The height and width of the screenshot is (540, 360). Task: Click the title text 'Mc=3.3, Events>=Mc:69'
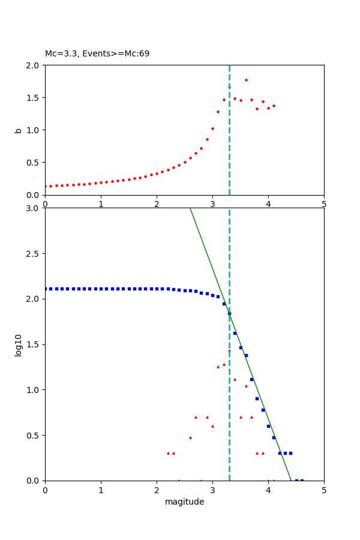(x=97, y=54)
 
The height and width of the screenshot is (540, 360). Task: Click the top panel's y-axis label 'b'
(x=19, y=130)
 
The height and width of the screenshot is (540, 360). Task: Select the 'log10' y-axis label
(x=19, y=345)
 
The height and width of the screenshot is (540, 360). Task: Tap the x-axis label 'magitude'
(x=184, y=502)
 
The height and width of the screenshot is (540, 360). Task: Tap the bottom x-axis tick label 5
(x=324, y=490)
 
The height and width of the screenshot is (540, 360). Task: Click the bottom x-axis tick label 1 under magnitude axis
(x=101, y=490)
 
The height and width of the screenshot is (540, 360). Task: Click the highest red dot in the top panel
(x=246, y=80)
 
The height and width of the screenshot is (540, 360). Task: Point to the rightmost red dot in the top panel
(x=274, y=106)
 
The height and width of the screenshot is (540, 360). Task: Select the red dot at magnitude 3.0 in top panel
(x=212, y=128)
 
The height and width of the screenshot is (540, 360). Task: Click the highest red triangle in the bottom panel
(x=229, y=350)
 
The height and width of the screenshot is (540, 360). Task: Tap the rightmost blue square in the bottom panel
(x=302, y=480)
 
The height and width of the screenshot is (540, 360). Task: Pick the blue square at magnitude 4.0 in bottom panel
(x=268, y=426)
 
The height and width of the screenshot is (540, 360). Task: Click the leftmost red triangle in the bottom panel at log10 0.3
(x=168, y=453)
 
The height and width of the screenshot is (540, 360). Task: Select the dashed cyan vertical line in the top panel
(x=229, y=150)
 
